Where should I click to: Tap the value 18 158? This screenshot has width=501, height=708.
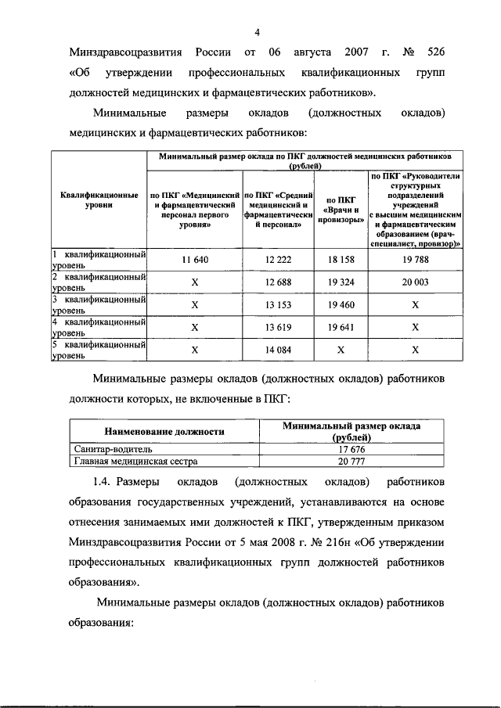tap(341, 259)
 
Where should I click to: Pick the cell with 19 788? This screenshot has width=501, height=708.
tap(416, 259)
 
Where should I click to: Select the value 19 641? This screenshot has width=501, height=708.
tap(341, 327)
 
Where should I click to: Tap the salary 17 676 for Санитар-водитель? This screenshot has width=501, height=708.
tap(352, 450)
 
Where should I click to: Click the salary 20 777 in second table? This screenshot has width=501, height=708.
tap(352, 462)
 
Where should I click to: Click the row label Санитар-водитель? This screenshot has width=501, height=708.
tap(108, 450)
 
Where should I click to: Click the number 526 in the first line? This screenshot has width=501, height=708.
tap(433, 53)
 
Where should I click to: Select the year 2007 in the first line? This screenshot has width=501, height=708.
tap(356, 53)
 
